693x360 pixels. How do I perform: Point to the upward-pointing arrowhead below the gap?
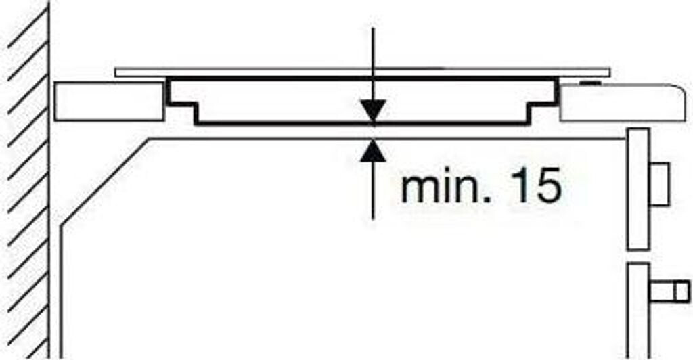(373, 149)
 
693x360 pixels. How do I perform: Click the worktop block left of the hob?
(108, 102)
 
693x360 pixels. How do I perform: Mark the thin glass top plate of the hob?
(271, 71)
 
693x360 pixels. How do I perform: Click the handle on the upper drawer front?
(660, 183)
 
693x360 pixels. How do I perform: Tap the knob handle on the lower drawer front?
(669, 292)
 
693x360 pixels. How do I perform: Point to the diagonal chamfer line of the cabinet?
(105, 183)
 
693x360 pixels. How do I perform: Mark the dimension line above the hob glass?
(373, 47)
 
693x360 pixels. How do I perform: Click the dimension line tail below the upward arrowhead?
(373, 196)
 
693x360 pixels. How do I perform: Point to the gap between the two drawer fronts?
(638, 256)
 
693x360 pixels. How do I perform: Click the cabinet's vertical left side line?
(62, 291)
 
